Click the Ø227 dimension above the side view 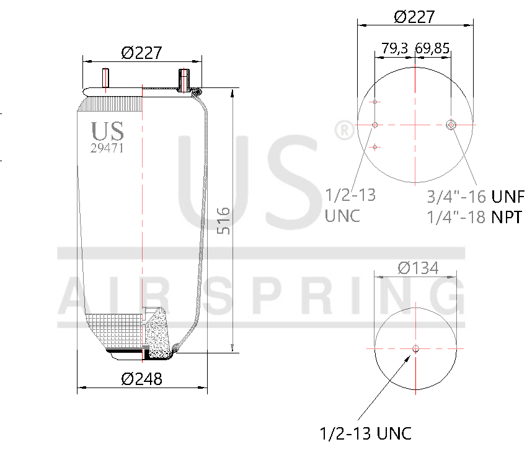pyautogui.click(x=141, y=53)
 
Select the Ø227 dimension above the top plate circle pyautogui.click(x=414, y=17)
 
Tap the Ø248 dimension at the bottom pyautogui.click(x=141, y=378)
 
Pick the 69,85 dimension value pyautogui.click(x=433, y=48)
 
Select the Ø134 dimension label pyautogui.click(x=417, y=268)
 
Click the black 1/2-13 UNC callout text pyautogui.click(x=365, y=433)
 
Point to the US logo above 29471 pyautogui.click(x=107, y=131)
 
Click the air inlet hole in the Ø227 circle pyautogui.click(x=451, y=125)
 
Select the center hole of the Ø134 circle pyautogui.click(x=415, y=348)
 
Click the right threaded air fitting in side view pyautogui.click(x=184, y=81)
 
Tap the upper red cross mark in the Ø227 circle pyautogui.click(x=375, y=102)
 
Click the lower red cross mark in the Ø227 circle pyautogui.click(x=375, y=147)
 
